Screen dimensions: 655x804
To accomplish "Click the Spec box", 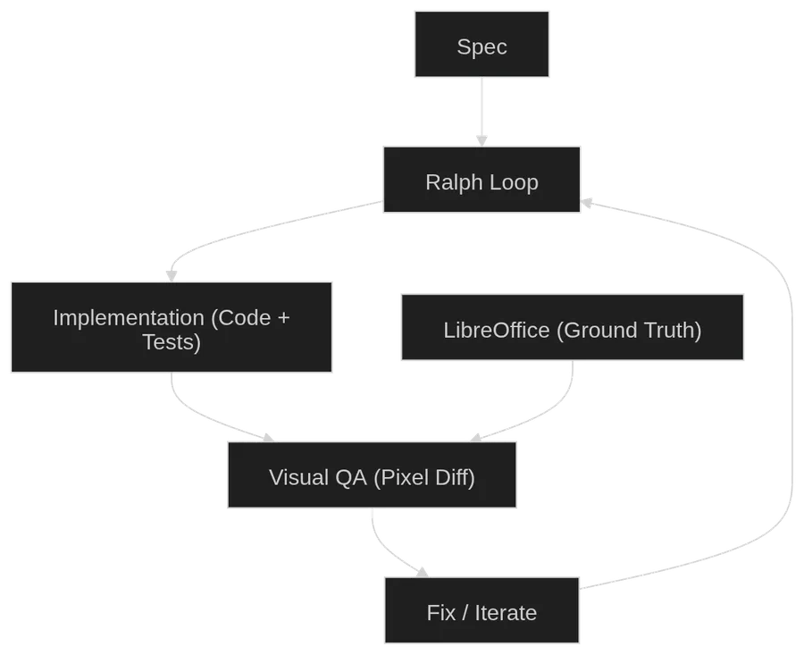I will (x=482, y=45).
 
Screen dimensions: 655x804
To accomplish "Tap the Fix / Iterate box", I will (x=482, y=612).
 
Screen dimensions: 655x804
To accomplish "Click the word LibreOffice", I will (x=496, y=330).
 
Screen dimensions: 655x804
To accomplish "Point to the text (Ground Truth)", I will (x=629, y=330).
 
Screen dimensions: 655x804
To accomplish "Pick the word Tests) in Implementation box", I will (x=172, y=342).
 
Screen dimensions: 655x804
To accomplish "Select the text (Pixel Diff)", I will (x=423, y=477).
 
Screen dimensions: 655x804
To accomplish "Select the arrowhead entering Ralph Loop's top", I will (x=482, y=138).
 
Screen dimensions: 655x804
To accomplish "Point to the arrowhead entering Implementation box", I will (x=172, y=272).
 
